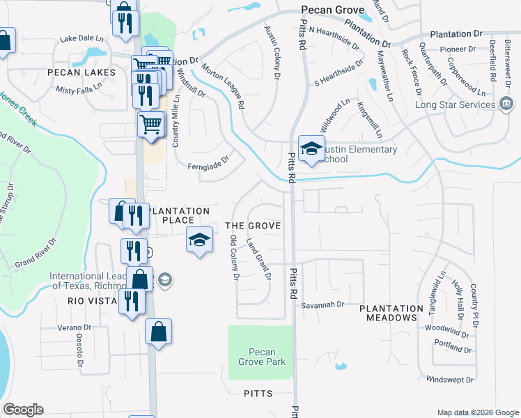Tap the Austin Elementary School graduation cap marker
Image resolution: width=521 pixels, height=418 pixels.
click(x=311, y=148)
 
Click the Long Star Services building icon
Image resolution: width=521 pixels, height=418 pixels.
click(x=506, y=105)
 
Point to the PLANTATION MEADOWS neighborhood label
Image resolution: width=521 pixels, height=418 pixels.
click(x=391, y=313)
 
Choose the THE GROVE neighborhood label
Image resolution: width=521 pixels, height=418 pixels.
click(x=253, y=226)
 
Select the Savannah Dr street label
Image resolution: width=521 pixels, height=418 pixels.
click(x=323, y=305)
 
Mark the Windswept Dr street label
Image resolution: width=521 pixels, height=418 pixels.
click(x=451, y=380)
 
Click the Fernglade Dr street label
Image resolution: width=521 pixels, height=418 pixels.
click(x=208, y=167)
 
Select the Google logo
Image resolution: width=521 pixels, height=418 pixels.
click(x=23, y=410)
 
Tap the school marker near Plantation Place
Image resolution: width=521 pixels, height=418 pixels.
click(x=199, y=241)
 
